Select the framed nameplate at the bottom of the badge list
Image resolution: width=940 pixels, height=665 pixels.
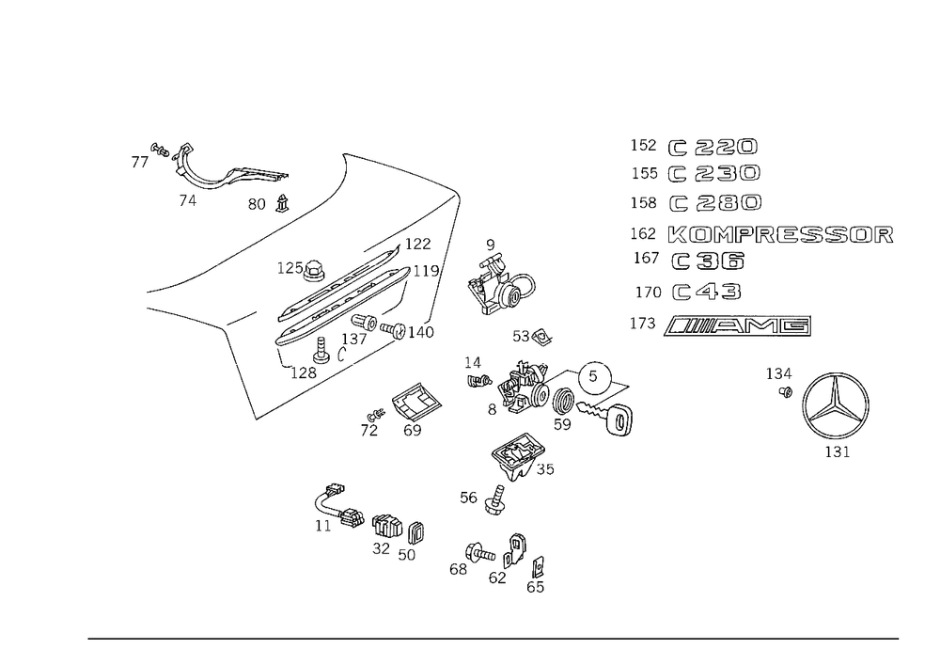point(738,325)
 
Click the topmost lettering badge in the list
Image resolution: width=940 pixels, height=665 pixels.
point(713,147)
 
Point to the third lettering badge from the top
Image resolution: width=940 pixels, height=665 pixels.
point(714,204)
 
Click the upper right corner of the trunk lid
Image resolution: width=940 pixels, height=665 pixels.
point(458,191)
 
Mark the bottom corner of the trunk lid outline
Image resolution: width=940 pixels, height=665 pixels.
point(257,420)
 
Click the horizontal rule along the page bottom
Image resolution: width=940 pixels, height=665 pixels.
point(493,637)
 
